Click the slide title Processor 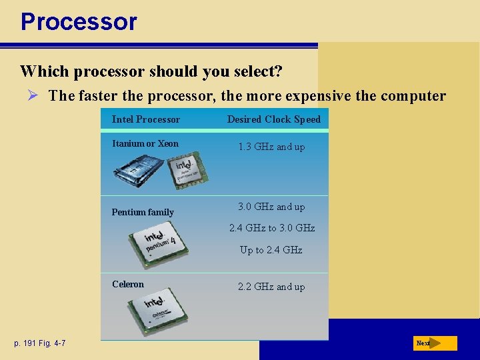pos(79,21)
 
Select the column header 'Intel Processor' pos(145,119)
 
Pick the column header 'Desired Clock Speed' pos(273,119)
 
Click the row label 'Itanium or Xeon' pos(145,143)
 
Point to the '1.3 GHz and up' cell pos(271,147)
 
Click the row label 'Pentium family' pos(143,212)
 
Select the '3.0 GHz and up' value pos(271,207)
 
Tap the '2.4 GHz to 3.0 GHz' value pos(271,228)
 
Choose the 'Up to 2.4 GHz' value pos(271,250)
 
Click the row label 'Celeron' pos(128,284)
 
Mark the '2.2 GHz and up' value pos(271,287)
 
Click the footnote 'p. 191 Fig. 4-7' pos(39,343)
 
